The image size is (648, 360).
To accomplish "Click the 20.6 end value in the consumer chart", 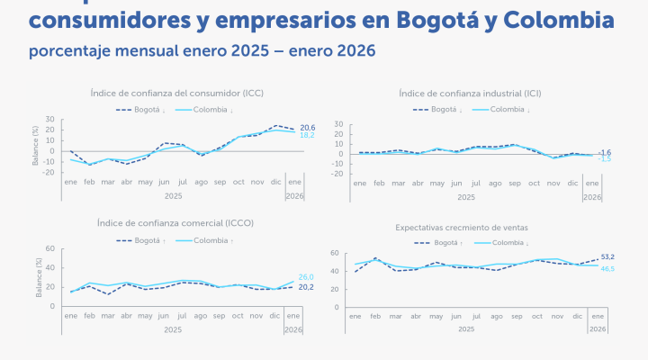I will coord(307,128).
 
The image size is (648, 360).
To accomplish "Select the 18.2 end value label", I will coord(307,135).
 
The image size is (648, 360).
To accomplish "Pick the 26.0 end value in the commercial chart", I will coord(306,277).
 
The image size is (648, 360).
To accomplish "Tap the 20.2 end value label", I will coord(306,287).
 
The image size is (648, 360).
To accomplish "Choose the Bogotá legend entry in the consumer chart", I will coord(144,110).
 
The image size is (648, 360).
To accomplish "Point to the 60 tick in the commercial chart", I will coord(50,249).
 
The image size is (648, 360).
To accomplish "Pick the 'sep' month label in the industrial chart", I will coord(514,184).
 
